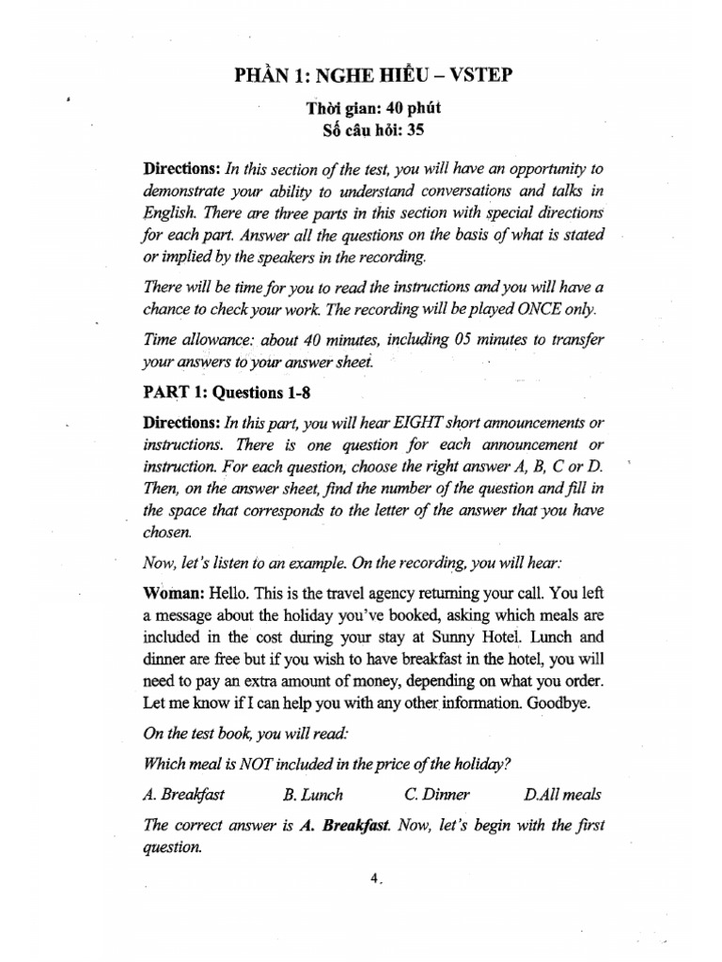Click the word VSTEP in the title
click(477, 74)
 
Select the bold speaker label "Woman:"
click(173, 594)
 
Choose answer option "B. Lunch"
click(313, 794)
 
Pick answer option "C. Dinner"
click(437, 794)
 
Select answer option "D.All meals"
click(562, 794)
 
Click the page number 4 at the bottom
click(373, 877)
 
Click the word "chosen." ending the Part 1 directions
click(166, 531)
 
